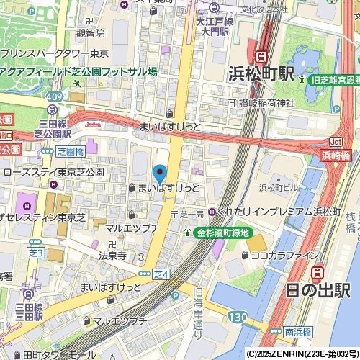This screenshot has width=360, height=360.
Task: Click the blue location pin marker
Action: click(159, 174)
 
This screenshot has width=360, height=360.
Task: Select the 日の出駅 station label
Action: click(316, 290)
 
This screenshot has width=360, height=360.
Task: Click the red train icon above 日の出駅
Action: click(317, 272)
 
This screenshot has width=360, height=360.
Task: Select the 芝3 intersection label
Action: click(35, 253)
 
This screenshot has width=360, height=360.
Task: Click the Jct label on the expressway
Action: click(336, 141)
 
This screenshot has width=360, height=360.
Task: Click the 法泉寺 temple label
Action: click(112, 256)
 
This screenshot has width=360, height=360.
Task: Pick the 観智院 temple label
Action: click(90, 33)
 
